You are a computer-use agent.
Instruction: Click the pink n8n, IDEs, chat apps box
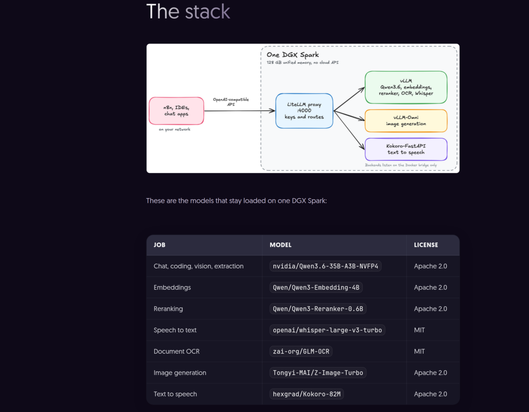coord(176,111)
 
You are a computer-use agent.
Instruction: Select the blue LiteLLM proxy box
coord(304,111)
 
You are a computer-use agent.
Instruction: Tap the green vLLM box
coord(406,87)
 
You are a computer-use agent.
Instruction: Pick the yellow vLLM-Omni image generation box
coord(406,121)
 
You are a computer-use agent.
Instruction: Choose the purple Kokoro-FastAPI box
coord(406,149)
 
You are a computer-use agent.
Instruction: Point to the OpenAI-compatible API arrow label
coord(231,102)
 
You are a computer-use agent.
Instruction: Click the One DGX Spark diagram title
coord(293,55)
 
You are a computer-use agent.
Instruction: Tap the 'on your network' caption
coord(175,129)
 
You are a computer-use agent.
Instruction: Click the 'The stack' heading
coord(188,11)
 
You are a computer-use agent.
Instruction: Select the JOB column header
coord(160,245)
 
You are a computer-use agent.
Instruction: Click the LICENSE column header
coord(426,245)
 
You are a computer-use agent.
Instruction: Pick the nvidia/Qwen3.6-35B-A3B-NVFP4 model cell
coord(325,266)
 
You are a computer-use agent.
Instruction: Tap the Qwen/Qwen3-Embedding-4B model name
coord(316,288)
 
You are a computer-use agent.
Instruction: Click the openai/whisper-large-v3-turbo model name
coord(327,330)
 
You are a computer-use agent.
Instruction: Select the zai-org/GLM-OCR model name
coord(301,352)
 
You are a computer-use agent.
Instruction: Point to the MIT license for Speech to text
coord(419,330)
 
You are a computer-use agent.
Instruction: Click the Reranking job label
coord(168,309)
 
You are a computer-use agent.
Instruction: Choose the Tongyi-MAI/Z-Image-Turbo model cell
coord(318,373)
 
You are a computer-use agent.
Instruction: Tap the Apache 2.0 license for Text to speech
coord(430,394)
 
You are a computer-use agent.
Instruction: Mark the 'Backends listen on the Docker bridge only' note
coord(401,165)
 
